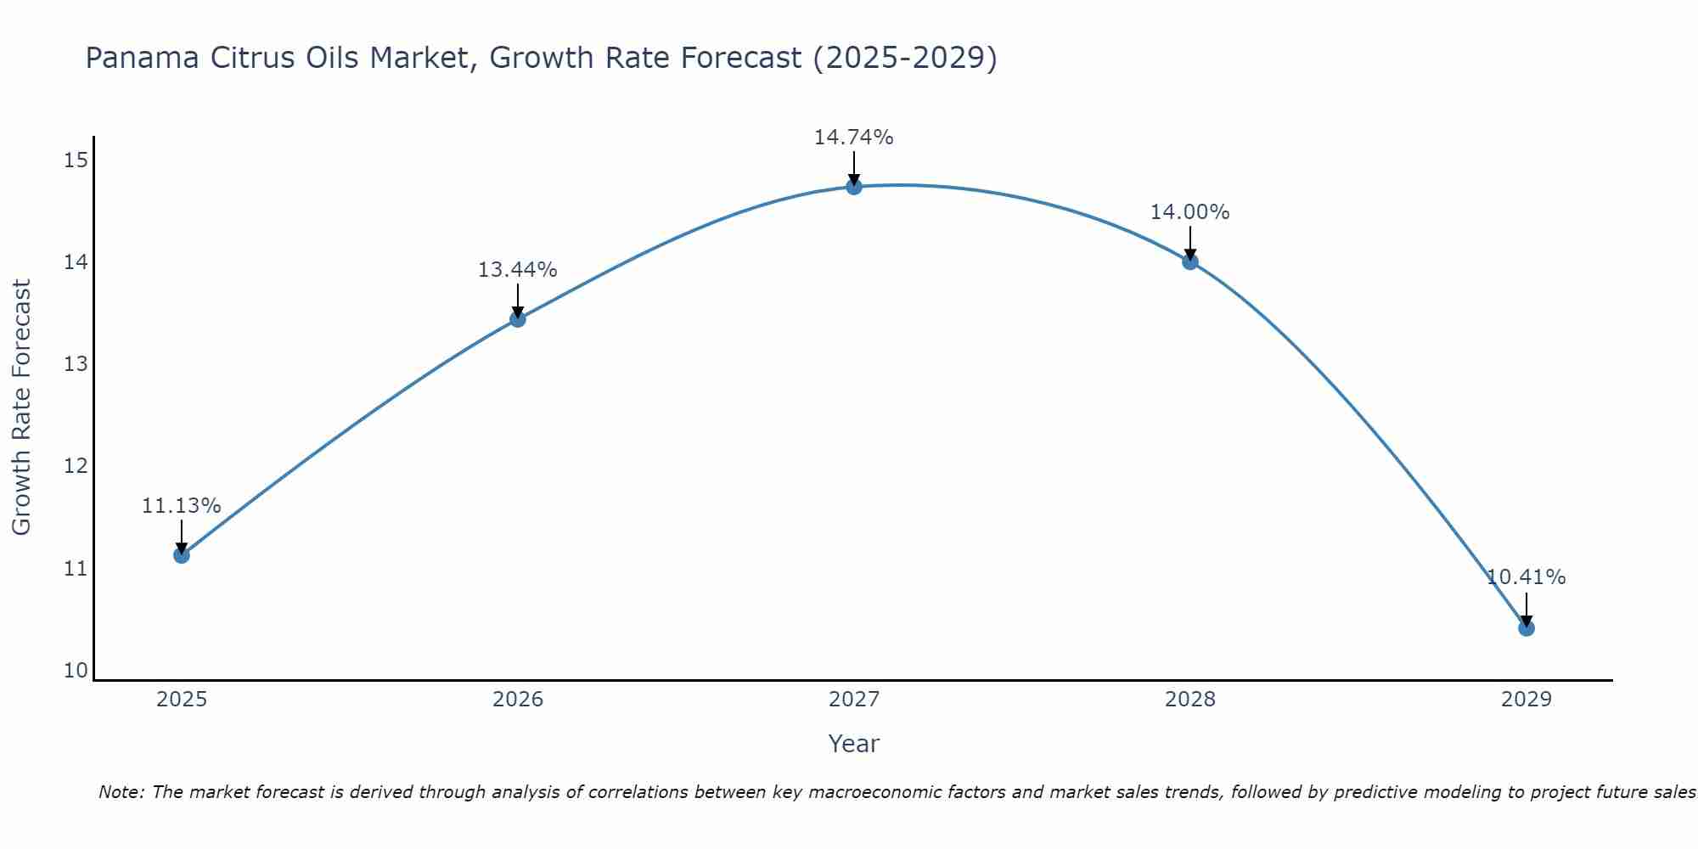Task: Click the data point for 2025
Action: click(182, 555)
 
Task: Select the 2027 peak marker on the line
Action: click(854, 187)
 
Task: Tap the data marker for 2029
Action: click(1526, 628)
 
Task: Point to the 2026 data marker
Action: click(518, 319)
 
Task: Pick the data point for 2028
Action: click(1190, 261)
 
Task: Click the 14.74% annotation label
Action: click(853, 138)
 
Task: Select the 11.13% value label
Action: click(181, 506)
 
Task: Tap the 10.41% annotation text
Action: click(1526, 577)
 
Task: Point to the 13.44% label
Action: click(517, 270)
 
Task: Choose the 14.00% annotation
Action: click(1189, 212)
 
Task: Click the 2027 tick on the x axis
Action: click(854, 700)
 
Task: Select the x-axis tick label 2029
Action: click(1526, 700)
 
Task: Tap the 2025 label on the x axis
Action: click(182, 700)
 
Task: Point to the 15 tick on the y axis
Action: click(76, 160)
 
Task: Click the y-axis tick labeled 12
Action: click(76, 466)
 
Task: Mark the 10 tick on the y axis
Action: click(76, 671)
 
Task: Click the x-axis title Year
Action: click(853, 744)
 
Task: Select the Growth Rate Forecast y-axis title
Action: click(22, 408)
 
